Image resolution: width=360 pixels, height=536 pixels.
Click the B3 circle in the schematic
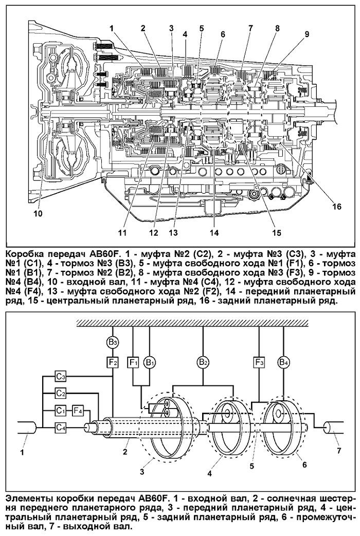(113, 342)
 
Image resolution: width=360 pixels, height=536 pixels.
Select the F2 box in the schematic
(113, 362)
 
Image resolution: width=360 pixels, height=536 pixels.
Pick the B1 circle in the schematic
(150, 362)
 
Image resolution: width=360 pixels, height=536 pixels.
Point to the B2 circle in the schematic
(203, 362)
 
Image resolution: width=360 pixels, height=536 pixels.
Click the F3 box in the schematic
(259, 362)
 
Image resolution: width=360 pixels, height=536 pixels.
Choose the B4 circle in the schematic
(283, 362)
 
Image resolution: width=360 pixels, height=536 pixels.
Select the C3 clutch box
(61, 377)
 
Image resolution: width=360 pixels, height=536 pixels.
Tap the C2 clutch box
(61, 394)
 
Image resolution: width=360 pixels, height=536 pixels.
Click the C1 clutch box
(61, 410)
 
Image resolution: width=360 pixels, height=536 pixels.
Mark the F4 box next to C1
(78, 410)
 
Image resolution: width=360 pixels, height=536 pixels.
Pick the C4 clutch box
(61, 427)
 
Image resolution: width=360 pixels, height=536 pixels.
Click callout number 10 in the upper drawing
(38, 214)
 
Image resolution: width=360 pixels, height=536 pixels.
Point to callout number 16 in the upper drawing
(337, 207)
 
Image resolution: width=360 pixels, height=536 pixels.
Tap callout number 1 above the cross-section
(111, 29)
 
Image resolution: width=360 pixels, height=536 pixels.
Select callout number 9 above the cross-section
(307, 34)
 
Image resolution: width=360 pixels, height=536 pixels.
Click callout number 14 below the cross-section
(214, 233)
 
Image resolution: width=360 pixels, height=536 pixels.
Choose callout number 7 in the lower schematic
(339, 451)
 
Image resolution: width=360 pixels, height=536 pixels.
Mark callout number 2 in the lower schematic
(125, 452)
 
